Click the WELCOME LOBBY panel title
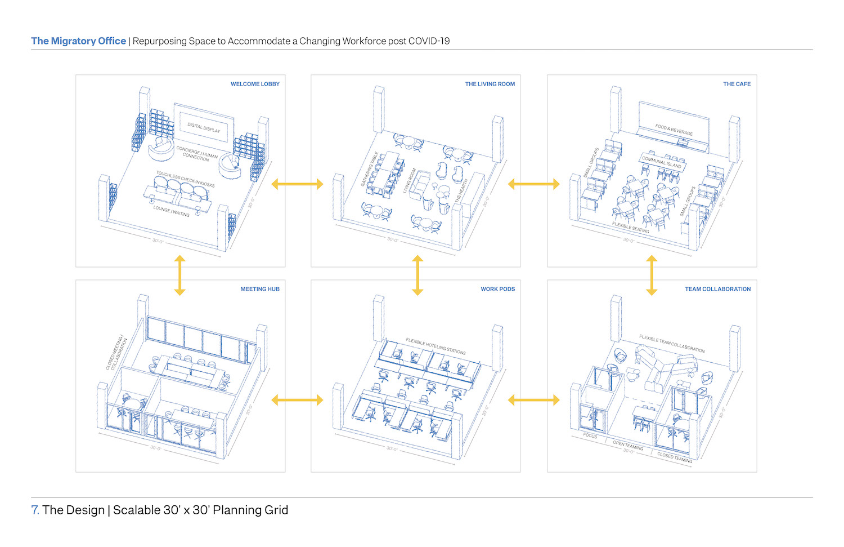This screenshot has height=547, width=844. click(x=255, y=84)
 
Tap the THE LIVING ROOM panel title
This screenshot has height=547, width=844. click(x=490, y=84)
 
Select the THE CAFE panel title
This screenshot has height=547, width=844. click(x=737, y=84)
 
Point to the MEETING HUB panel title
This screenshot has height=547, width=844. click(x=260, y=289)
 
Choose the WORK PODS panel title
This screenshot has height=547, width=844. click(x=497, y=289)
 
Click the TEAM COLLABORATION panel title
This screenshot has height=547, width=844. click(x=717, y=289)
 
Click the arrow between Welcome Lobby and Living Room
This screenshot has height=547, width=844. click(x=297, y=184)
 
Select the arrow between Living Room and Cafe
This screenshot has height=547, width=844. click(x=533, y=184)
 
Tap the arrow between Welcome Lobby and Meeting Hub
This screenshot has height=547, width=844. click(x=179, y=275)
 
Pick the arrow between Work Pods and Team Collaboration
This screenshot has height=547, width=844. click(x=533, y=400)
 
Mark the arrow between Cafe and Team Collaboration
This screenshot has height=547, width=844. click(x=652, y=275)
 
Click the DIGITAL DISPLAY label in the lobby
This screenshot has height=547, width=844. click(x=204, y=128)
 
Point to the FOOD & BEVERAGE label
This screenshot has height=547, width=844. click(x=674, y=130)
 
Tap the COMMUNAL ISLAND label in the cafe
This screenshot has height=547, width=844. click(x=661, y=162)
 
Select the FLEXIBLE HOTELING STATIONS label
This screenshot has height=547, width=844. click(x=436, y=346)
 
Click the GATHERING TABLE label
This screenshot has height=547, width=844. click(x=370, y=169)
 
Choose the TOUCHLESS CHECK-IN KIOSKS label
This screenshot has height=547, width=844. click(x=185, y=179)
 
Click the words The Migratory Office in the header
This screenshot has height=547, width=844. click(x=79, y=41)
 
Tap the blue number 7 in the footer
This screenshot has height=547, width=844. click(x=35, y=510)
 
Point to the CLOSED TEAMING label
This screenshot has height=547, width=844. click(x=675, y=457)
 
